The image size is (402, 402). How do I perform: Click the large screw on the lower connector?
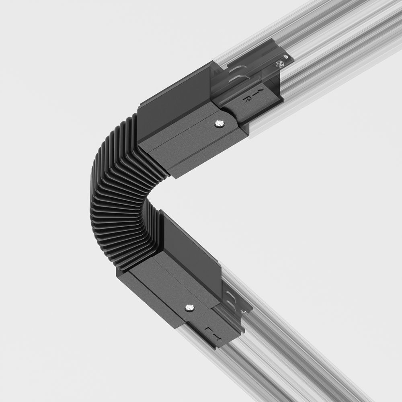(189, 308)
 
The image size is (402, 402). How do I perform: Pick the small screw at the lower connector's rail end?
(243, 310)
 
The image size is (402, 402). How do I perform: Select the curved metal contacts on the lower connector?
(228, 298)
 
